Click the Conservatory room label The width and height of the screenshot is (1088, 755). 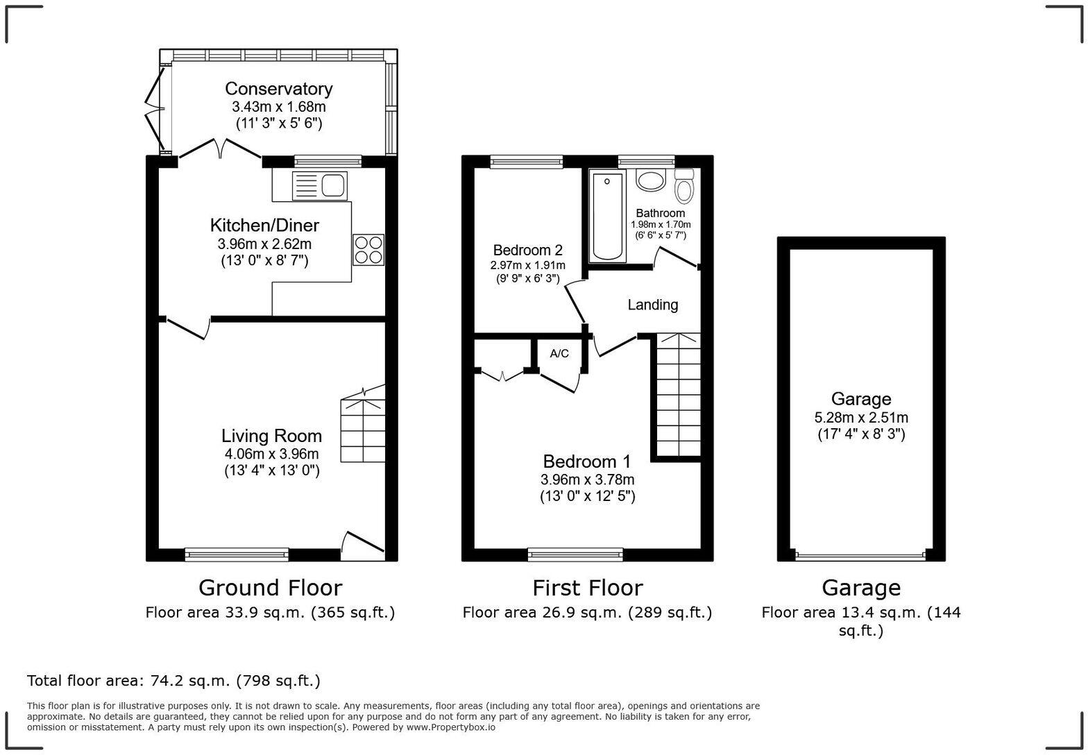(278, 89)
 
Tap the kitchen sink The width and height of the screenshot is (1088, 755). (320, 186)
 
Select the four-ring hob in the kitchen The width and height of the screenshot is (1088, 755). (368, 250)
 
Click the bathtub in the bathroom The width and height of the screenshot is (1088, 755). (607, 216)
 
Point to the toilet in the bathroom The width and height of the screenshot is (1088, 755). (685, 186)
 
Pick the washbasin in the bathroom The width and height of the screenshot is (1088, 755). (651, 181)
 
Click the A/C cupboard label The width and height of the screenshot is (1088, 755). (559, 354)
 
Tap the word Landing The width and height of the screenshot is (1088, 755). (652, 305)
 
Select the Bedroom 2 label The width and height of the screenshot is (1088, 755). (527, 250)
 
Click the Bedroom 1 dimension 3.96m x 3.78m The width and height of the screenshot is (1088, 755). (587, 480)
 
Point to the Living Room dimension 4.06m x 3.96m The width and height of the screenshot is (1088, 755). (271, 454)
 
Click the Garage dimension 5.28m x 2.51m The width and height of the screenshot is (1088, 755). (860, 418)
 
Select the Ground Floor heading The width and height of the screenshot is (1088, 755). (270, 588)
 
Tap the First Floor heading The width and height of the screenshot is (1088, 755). (587, 588)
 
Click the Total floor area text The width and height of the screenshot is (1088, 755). (173, 681)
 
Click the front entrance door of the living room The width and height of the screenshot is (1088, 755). (362, 545)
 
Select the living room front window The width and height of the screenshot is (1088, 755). (237, 554)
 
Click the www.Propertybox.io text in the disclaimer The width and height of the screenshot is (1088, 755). (450, 727)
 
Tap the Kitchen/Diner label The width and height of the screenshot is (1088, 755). (264, 226)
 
